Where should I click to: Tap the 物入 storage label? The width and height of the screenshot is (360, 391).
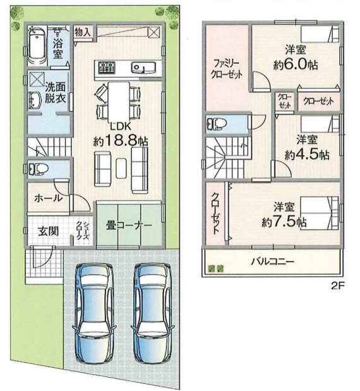[x=83, y=32]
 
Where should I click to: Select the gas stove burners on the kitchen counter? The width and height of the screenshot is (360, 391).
[x=107, y=68]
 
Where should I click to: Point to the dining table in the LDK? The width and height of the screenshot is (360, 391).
[x=119, y=100]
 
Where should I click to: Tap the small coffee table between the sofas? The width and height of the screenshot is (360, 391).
[x=121, y=168]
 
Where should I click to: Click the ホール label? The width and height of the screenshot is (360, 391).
[x=49, y=198]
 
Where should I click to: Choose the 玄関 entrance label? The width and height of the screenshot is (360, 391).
[x=49, y=232]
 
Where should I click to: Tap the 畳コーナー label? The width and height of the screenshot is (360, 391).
[x=129, y=226]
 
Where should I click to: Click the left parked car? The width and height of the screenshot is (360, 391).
[x=95, y=313]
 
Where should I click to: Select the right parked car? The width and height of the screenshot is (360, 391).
[x=152, y=313]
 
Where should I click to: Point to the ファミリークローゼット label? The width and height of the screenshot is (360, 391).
[x=227, y=69]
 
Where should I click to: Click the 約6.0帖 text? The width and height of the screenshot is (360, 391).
[x=296, y=65]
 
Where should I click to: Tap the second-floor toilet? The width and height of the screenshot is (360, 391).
[x=217, y=124]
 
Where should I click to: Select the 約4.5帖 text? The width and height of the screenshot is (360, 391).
[x=307, y=155]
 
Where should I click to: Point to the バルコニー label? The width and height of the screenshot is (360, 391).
[x=272, y=262]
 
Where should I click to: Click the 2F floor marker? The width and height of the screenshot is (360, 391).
[x=337, y=286]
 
